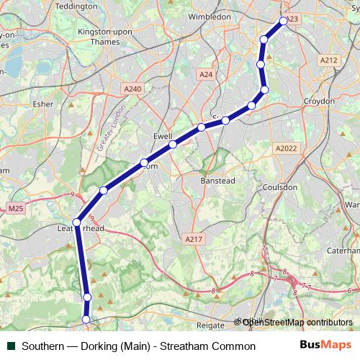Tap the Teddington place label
coord(75,5)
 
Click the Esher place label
coord(42,104)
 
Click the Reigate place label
coord(210,325)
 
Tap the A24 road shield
coord(207,73)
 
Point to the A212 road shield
coord(328,60)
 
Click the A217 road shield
coord(192,239)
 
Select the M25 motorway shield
coord(16,209)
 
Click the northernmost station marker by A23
coord(284,21)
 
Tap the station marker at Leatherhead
coord(77,220)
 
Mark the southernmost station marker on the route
coord(86,319)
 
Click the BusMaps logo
coord(320,346)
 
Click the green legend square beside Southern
coord(11,346)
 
